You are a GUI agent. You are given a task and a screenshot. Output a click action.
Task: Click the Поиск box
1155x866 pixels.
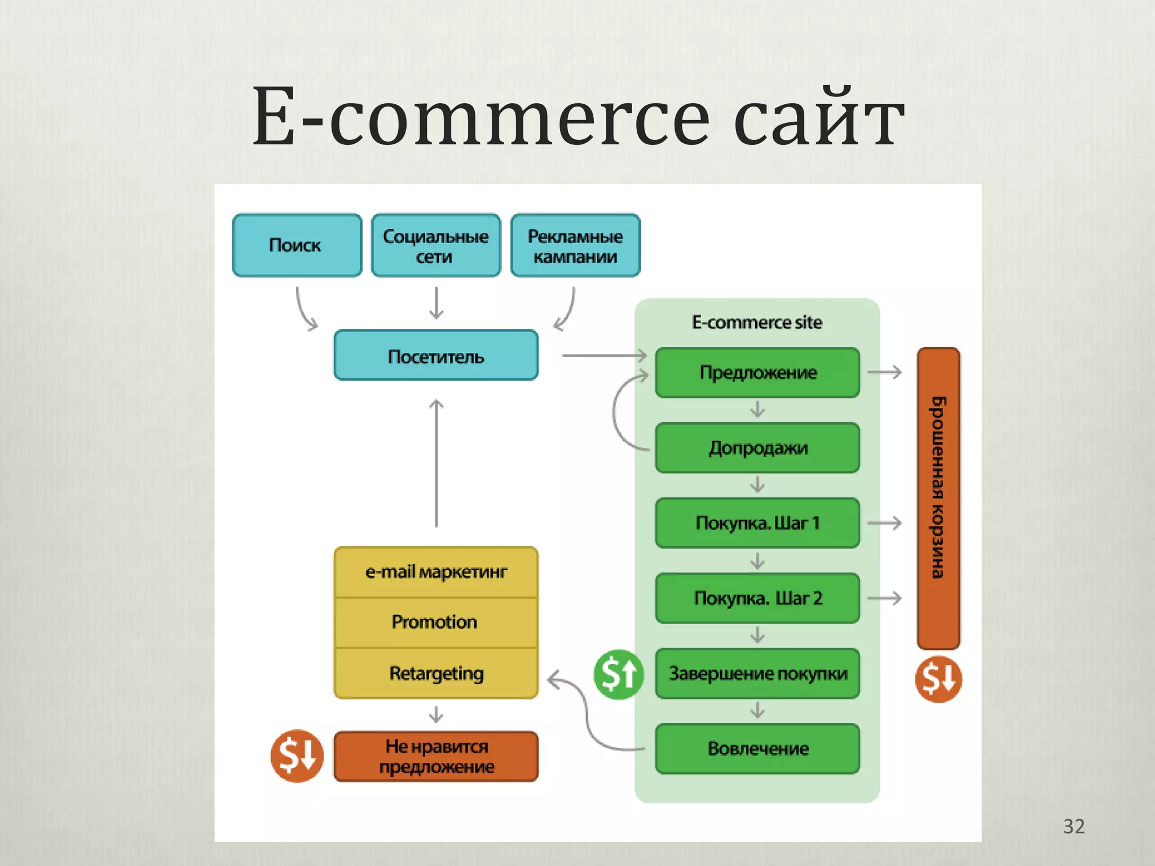point(297,245)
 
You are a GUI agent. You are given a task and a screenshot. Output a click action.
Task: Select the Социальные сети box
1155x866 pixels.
point(436,245)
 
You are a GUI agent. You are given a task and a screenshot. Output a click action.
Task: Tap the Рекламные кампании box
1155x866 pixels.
point(575,245)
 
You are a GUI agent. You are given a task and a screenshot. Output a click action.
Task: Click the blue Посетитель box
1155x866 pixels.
point(436,356)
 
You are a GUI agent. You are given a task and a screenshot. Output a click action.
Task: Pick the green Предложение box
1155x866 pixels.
point(757,373)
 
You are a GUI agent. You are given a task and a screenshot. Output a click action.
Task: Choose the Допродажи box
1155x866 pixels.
point(757,448)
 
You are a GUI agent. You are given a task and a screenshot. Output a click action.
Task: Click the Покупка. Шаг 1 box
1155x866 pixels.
point(757,523)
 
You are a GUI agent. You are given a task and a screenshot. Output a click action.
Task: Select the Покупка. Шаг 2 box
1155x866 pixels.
point(757,598)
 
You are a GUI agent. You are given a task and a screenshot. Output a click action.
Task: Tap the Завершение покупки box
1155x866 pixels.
point(757,673)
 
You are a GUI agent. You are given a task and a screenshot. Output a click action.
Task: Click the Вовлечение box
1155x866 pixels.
point(757,749)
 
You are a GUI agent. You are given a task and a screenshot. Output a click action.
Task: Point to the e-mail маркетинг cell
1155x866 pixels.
point(436,572)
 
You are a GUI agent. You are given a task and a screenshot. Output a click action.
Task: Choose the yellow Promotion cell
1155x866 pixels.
point(436,622)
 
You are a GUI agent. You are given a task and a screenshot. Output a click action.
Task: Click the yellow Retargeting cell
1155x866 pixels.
point(436,673)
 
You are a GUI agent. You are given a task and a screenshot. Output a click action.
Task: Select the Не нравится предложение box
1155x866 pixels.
point(436,757)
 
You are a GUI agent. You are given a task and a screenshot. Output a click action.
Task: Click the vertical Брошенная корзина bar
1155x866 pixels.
point(938,499)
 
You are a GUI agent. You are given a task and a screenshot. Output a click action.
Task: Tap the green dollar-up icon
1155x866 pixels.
point(619,674)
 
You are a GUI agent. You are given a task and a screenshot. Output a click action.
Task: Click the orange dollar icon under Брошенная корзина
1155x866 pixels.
point(938,679)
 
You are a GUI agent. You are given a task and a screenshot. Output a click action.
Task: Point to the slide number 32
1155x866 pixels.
point(1074,827)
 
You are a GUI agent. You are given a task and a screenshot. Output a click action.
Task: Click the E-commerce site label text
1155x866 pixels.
point(757,322)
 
